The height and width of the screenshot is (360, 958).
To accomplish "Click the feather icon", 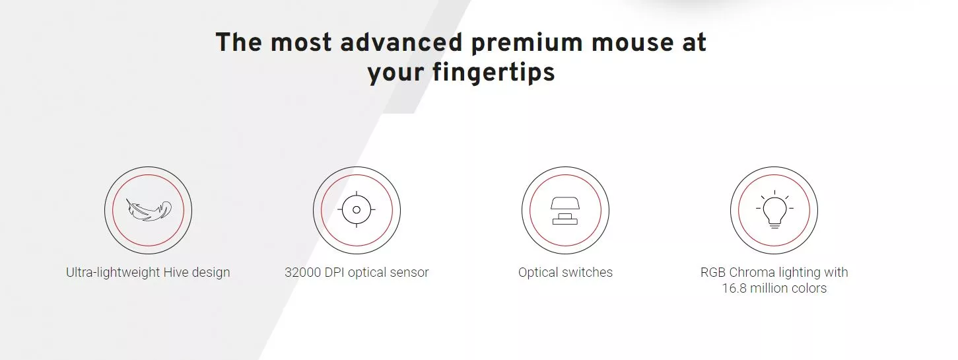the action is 149,210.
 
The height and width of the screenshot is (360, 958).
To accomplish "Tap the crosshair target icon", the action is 357,210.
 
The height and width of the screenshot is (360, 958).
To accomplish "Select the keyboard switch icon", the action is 565,211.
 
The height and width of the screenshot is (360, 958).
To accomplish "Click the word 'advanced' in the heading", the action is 401,42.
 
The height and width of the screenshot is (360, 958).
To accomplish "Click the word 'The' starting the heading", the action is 238,42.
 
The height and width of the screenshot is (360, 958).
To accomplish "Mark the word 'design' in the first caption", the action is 211,273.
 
